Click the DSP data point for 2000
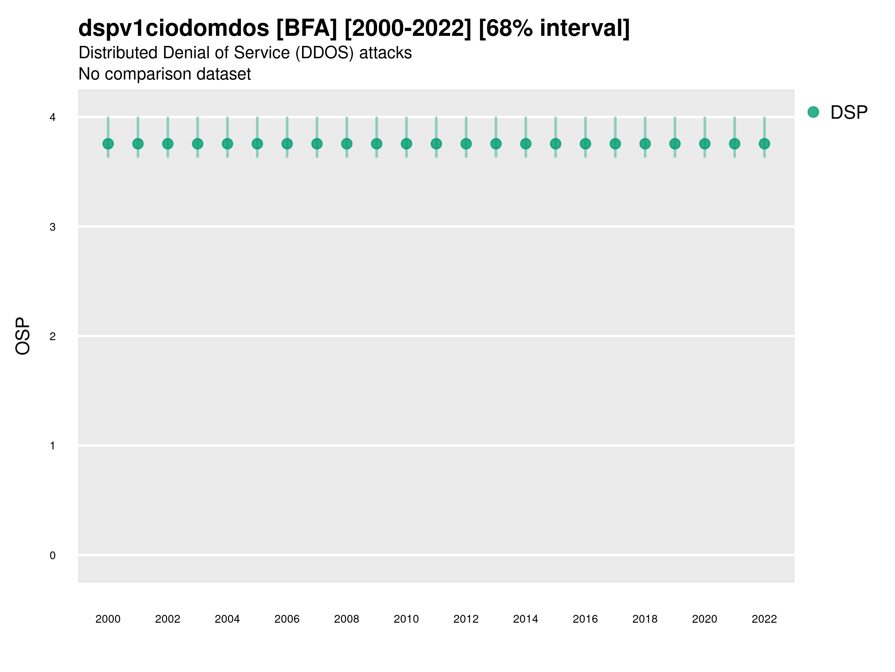pyautogui.click(x=108, y=144)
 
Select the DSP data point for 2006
pyautogui.click(x=287, y=144)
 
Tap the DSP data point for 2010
pyautogui.click(x=406, y=144)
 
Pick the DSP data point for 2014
pyautogui.click(x=525, y=144)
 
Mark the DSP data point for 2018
pyautogui.click(x=645, y=144)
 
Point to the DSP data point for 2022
pyautogui.click(x=764, y=144)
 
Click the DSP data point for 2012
pyautogui.click(x=466, y=144)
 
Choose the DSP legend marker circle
pyautogui.click(x=813, y=112)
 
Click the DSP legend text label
pyautogui.click(x=849, y=113)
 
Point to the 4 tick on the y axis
pyautogui.click(x=53, y=118)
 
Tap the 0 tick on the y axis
pyautogui.click(x=53, y=556)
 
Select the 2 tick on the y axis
pyautogui.click(x=53, y=336)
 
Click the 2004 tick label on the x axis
pyautogui.click(x=227, y=619)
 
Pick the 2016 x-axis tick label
pyautogui.click(x=585, y=619)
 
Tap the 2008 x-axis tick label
pyautogui.click(x=347, y=619)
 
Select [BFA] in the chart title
pyautogui.click(x=307, y=28)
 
